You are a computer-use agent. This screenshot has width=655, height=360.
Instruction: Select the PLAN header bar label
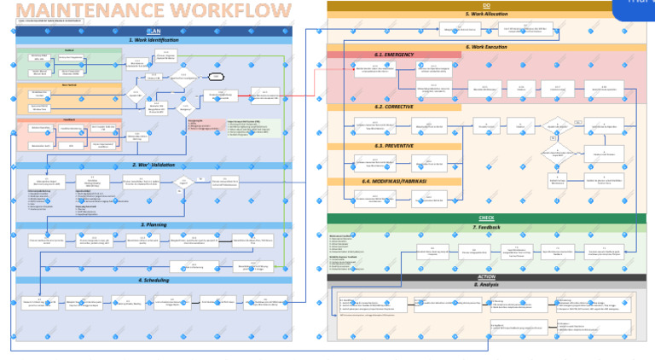pyautogui.click(x=154, y=31)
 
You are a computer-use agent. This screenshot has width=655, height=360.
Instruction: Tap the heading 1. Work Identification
pyautogui.click(x=154, y=40)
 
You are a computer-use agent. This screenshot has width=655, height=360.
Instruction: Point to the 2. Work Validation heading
pyautogui.click(x=154, y=165)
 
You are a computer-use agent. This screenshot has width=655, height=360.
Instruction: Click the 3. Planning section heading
pyautogui.click(x=154, y=225)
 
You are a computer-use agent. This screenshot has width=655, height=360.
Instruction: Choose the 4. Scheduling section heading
pyautogui.click(x=154, y=280)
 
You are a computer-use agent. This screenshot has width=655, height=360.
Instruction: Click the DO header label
pyautogui.click(x=486, y=5)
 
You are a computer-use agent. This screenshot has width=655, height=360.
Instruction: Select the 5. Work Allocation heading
pyautogui.click(x=486, y=14)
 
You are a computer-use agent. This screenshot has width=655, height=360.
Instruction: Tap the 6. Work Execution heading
pyautogui.click(x=486, y=47)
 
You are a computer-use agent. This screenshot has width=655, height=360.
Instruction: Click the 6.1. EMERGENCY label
pyautogui.click(x=394, y=55)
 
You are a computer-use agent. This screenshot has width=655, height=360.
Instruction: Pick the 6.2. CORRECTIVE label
pyautogui.click(x=394, y=107)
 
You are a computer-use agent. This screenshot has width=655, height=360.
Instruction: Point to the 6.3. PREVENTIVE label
pyautogui.click(x=394, y=146)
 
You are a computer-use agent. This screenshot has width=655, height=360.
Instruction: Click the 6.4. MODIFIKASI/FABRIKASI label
pyautogui.click(x=394, y=181)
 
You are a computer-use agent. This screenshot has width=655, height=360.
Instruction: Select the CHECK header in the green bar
pyautogui.click(x=486, y=218)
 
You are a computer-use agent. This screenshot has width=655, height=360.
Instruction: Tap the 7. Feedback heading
pyautogui.click(x=486, y=228)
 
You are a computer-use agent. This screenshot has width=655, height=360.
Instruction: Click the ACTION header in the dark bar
pyautogui.click(x=486, y=276)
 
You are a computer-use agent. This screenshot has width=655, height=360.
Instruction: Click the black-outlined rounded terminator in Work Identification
pyautogui.click(x=217, y=76)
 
